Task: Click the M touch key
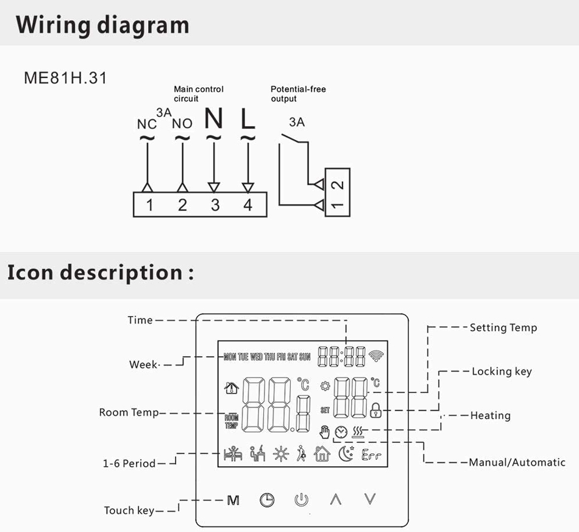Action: (233, 500)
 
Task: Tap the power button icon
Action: (301, 500)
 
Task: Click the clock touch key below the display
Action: (267, 500)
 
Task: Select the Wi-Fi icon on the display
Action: (375, 356)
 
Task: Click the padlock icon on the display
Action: (375, 409)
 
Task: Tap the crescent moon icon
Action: (346, 454)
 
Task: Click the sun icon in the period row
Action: (281, 454)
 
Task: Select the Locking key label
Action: (502, 372)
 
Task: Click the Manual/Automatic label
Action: (517, 462)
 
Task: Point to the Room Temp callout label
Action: (129, 412)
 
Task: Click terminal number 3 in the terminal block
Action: (215, 205)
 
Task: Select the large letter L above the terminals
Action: (247, 118)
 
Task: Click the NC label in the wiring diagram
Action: (146, 124)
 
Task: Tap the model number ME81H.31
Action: (65, 78)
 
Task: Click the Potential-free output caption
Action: (298, 94)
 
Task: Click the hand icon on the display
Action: (325, 432)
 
